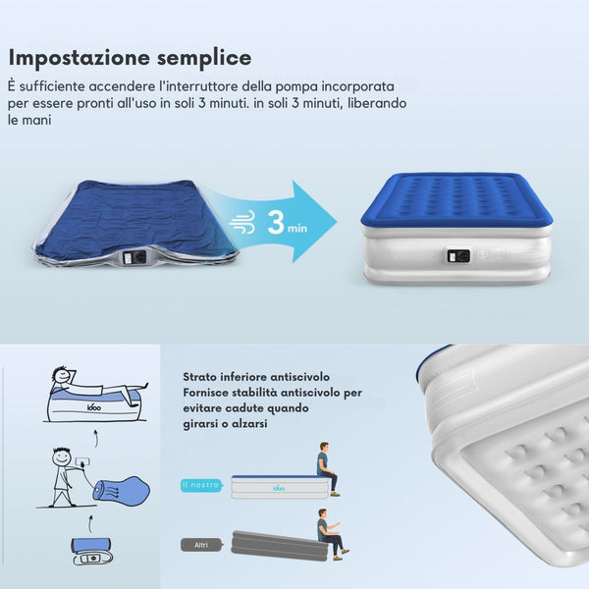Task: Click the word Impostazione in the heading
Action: point(80,59)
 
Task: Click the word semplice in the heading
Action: point(204,59)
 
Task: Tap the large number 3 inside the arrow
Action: point(276,222)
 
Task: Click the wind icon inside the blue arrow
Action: point(242,222)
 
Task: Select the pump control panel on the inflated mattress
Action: point(458,256)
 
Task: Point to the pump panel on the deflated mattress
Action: point(134,257)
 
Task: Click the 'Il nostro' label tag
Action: point(201,485)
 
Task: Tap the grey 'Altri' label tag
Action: point(201,545)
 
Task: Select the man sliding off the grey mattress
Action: point(332,534)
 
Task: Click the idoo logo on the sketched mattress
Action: point(94,406)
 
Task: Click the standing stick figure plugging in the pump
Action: point(63,475)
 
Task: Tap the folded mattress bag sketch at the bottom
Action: point(92,551)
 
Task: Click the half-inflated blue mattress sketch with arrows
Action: point(121,490)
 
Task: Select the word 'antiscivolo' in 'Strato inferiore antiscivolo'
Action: point(299,377)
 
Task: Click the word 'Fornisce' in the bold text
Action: point(205,393)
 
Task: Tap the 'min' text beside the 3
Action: point(297,228)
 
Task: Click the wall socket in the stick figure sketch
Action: point(83,461)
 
